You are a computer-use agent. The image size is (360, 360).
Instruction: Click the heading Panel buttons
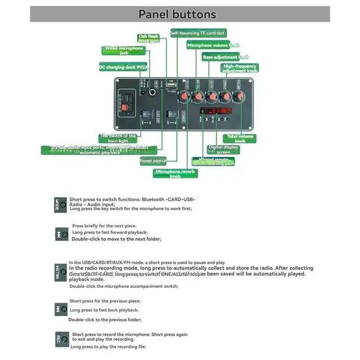[x=177, y=14]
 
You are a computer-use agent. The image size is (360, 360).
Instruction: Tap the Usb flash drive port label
[x=149, y=39]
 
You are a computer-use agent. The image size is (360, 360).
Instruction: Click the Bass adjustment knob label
[x=226, y=57]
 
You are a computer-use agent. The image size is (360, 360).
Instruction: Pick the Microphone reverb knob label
[x=175, y=173]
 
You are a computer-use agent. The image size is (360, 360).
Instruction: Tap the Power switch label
[x=153, y=161]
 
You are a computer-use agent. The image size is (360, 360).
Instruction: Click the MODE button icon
[x=61, y=204]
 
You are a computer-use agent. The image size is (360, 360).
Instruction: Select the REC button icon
[x=61, y=340]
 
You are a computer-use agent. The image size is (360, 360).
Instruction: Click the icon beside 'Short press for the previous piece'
[x=61, y=309]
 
